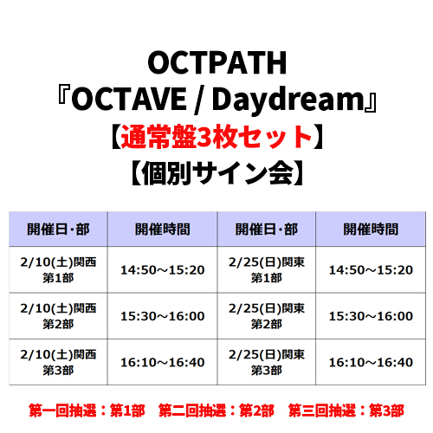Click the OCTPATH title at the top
[x=216, y=62]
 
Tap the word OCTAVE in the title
[x=129, y=99]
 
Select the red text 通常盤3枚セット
[x=216, y=136]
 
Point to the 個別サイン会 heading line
[x=216, y=172]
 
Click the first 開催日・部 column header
[x=58, y=229]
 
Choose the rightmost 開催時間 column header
[x=371, y=229]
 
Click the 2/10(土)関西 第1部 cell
[x=58, y=270]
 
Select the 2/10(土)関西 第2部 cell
[x=58, y=316]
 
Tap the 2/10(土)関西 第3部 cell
[x=58, y=362]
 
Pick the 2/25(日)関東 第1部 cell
[x=267, y=270]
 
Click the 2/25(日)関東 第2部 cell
[x=267, y=316]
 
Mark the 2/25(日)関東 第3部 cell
[x=267, y=362]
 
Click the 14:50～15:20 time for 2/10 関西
[x=163, y=270]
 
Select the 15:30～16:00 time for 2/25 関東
[x=371, y=316]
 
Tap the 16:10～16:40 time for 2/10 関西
[x=163, y=363]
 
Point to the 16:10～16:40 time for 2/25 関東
[x=371, y=363]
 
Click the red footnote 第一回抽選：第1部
[x=87, y=410]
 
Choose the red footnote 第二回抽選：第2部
[x=216, y=410]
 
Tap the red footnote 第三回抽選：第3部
[x=346, y=410]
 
